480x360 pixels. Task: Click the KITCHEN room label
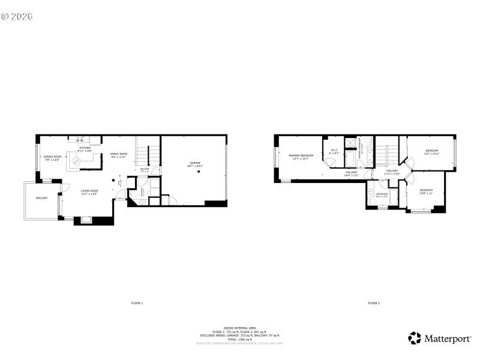pyautogui.click(x=85, y=149)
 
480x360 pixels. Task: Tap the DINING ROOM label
pyautogui.click(x=52, y=158)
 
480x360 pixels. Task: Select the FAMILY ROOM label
pyautogui.click(x=118, y=155)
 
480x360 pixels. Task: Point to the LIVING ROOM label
pyautogui.click(x=89, y=192)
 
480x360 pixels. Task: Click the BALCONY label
pyautogui.click(x=41, y=198)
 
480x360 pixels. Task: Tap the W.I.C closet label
pyautogui.click(x=334, y=152)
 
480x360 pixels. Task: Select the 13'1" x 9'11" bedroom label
pyautogui.click(x=431, y=152)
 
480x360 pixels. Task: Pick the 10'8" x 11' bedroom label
pyautogui.click(x=425, y=191)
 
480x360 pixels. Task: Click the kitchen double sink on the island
pyautogui.click(x=77, y=160)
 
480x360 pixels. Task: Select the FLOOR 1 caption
pyautogui.click(x=137, y=303)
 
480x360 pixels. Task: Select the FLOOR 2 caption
pyautogui.click(x=374, y=303)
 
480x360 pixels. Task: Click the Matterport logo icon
pyautogui.click(x=415, y=338)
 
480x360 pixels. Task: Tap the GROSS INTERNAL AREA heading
pyautogui.click(x=240, y=328)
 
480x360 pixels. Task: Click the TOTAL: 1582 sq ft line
pyautogui.click(x=240, y=339)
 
